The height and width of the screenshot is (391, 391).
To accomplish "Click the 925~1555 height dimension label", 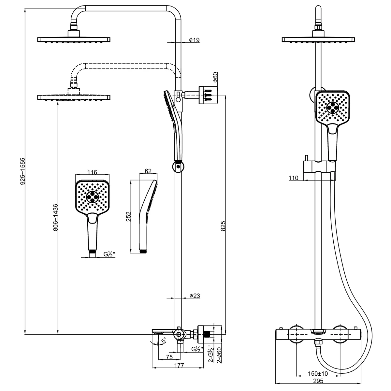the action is pyautogui.click(x=23, y=171).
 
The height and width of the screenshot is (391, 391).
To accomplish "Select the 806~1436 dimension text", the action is pyautogui.click(x=55, y=217).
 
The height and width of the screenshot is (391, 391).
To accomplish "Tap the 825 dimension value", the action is pyautogui.click(x=223, y=226).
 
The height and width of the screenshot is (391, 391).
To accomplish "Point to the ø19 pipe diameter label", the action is pyautogui.click(x=194, y=40).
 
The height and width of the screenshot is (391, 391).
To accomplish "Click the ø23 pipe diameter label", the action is pyautogui.click(x=195, y=296).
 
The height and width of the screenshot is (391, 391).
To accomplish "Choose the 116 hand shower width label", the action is pyautogui.click(x=92, y=172).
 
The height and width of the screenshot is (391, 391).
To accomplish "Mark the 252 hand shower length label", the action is pyautogui.click(x=128, y=216).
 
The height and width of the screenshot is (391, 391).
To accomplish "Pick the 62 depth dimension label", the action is pyautogui.click(x=148, y=171).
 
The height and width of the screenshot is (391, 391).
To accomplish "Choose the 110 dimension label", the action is pyautogui.click(x=293, y=178).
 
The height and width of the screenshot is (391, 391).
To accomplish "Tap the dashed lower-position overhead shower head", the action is pyautogui.click(x=74, y=97).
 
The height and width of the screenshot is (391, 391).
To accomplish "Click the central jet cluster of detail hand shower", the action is pyautogui.click(x=92, y=196).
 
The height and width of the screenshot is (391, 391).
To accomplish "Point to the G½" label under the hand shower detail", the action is pyautogui.click(x=109, y=254).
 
